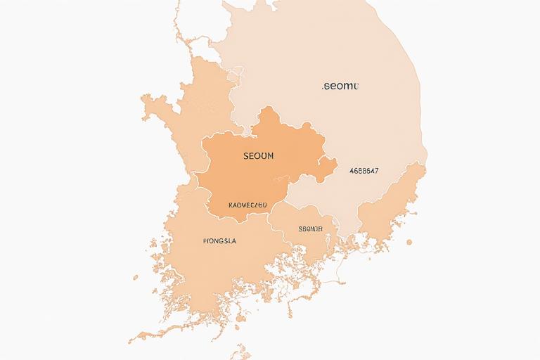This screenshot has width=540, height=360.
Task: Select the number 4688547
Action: click(x=364, y=170)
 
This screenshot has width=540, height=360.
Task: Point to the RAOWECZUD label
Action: click(x=248, y=205)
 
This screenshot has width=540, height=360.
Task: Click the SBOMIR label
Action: click(x=310, y=229)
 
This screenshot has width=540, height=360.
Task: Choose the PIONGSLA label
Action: click(x=219, y=240)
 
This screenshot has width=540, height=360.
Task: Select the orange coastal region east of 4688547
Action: click(x=394, y=204)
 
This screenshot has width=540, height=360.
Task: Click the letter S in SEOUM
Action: click(x=245, y=155)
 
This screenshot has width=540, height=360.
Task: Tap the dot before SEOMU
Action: click(x=322, y=88)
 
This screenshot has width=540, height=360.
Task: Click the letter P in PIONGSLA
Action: click(x=205, y=240)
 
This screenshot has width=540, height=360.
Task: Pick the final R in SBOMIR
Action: click(x=320, y=229)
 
